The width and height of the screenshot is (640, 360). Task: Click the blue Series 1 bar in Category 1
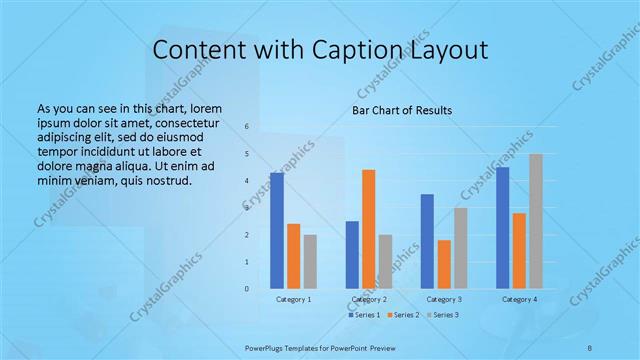point(277,231)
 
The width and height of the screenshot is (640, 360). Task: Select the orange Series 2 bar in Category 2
point(369,229)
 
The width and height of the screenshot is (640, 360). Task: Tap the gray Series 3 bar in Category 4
point(536,221)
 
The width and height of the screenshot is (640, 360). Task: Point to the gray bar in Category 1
point(310,262)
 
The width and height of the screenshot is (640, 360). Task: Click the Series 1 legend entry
point(365,315)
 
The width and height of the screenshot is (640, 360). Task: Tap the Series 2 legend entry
point(404,315)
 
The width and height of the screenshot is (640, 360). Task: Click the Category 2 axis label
point(369,299)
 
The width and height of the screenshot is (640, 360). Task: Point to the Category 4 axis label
point(519,299)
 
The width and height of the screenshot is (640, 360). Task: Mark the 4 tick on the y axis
point(247,181)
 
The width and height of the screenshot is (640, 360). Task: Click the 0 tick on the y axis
point(247,289)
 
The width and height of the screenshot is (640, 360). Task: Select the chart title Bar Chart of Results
point(402,110)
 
